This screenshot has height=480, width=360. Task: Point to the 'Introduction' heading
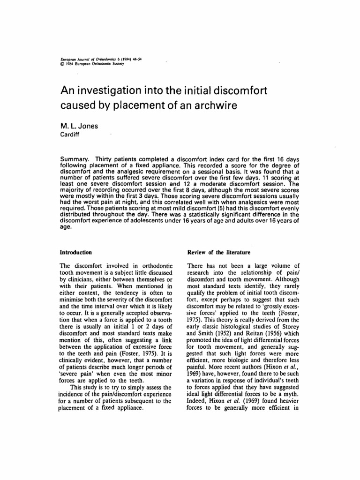75,253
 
